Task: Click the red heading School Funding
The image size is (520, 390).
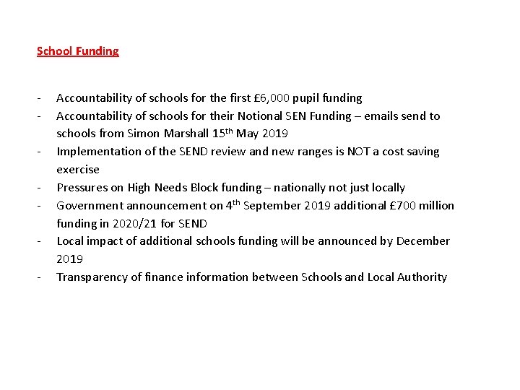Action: point(77,51)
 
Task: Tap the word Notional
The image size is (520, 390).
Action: point(243,116)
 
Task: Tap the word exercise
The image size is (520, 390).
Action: point(78,170)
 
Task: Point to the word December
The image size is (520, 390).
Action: point(422,241)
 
